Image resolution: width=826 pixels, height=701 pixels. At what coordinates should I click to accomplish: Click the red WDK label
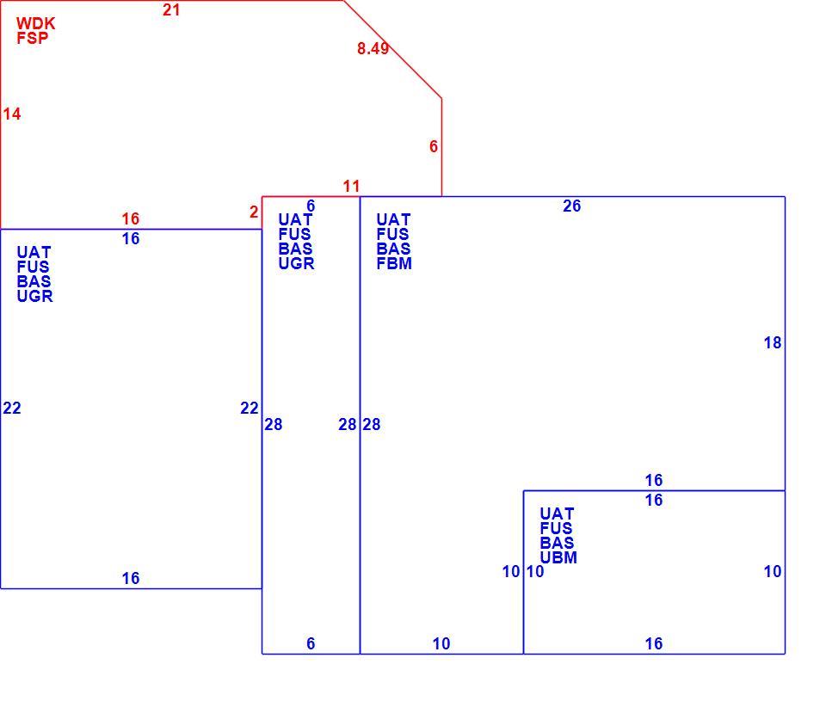coord(36,23)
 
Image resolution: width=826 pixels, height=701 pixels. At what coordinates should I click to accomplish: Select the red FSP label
coord(33,38)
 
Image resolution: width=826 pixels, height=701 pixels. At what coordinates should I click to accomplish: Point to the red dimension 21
coord(171,10)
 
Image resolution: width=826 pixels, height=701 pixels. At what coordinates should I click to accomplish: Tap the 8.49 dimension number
coord(373,48)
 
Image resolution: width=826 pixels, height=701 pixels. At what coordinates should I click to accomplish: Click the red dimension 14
coord(11,114)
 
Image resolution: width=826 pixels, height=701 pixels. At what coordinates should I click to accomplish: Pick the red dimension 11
coord(351,186)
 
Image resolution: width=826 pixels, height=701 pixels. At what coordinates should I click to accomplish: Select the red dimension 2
coord(254,212)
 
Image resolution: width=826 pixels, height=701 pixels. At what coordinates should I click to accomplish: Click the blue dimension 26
coord(571,206)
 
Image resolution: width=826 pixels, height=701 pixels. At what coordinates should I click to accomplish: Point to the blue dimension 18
coord(773,343)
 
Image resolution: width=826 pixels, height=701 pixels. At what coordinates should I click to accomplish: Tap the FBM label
coord(394,263)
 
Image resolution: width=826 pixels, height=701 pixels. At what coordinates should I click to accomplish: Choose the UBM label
coord(558,557)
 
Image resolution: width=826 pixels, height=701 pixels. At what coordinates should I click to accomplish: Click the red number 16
coord(131,218)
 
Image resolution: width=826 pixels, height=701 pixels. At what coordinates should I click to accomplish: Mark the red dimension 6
coord(434,146)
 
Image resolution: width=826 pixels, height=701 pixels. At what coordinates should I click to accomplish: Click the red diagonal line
coord(393,49)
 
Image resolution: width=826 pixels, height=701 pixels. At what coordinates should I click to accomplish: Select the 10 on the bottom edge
coord(441,643)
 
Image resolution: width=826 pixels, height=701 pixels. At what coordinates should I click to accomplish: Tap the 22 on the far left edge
coord(11,409)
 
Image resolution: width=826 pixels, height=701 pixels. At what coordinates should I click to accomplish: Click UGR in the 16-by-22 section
coord(34,297)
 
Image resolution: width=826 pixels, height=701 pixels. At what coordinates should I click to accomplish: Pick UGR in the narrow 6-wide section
coord(297,263)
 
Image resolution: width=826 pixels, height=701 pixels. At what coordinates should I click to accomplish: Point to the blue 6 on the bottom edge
coord(311,643)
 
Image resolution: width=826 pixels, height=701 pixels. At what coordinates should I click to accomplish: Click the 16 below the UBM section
coord(654,643)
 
